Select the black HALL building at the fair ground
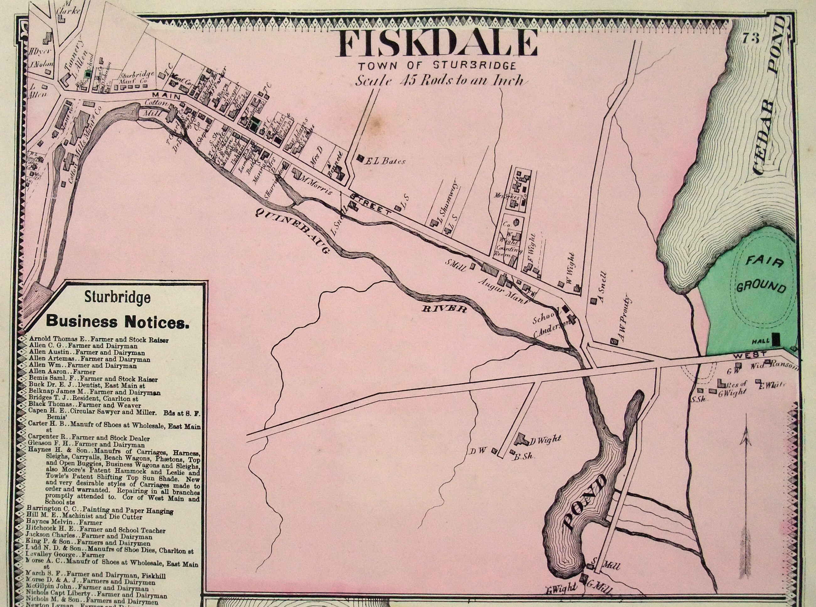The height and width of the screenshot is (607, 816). point(776,339)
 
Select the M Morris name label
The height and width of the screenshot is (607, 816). point(316,186)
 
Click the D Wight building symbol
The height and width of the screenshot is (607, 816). point(520,438)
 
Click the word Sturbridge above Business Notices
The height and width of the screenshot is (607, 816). point(117,297)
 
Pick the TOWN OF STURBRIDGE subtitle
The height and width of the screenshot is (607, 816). point(437,66)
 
